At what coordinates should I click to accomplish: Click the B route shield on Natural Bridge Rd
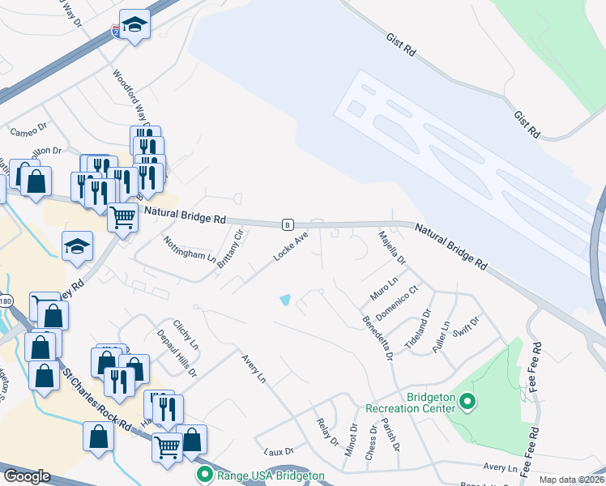(287, 224)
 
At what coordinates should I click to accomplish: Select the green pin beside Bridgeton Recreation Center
(467, 401)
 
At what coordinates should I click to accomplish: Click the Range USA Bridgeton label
(271, 475)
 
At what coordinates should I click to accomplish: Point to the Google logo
(27, 476)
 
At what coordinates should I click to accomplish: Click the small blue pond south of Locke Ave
(285, 300)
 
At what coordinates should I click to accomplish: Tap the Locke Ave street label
(291, 246)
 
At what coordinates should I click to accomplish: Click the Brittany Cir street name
(230, 253)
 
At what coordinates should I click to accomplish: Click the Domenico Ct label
(402, 301)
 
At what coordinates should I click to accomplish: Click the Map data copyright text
(572, 480)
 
